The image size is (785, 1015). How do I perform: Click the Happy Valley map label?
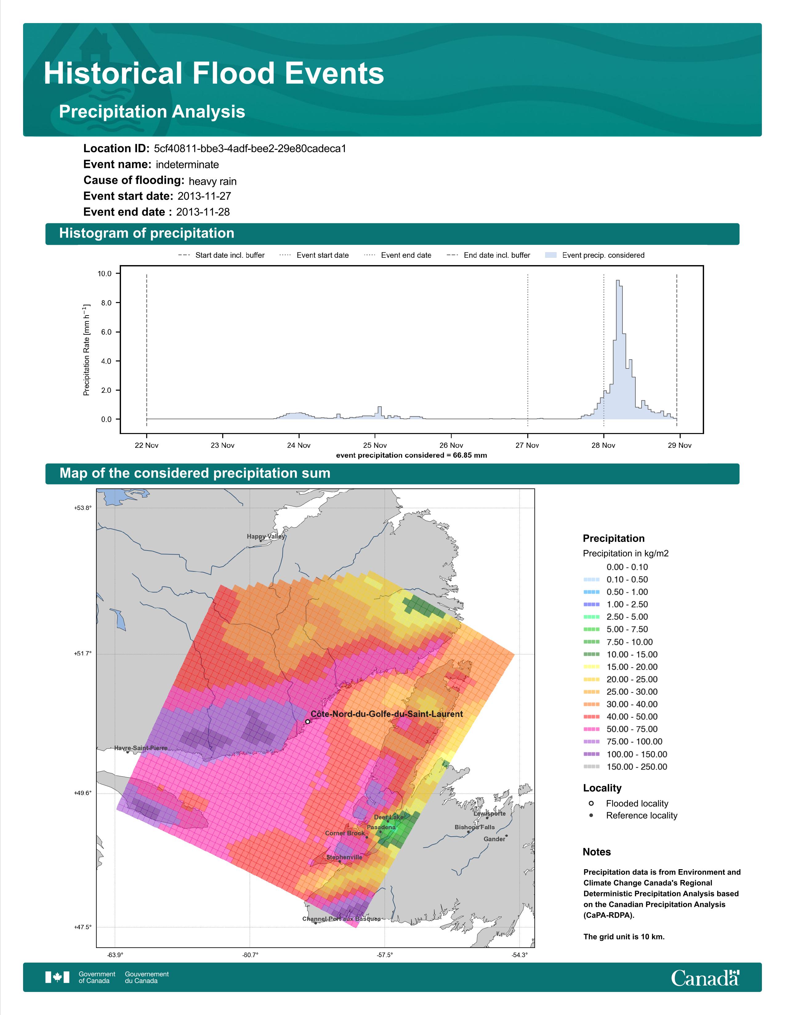pos(266,536)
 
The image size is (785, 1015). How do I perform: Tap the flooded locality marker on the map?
pos(308,722)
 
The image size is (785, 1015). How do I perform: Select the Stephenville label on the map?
pos(344,857)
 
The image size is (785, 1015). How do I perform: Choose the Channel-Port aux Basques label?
pos(341,919)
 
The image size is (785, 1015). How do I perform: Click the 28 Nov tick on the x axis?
pos(603,445)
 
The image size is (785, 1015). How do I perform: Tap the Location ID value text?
pos(250,149)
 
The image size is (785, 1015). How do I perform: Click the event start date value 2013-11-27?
pos(204,196)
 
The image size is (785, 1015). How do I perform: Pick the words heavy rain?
pos(212,181)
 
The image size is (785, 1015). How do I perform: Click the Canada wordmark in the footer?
pos(705,977)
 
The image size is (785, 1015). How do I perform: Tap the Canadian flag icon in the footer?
pos(57,977)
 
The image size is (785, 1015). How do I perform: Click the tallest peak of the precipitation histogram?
pos(618,280)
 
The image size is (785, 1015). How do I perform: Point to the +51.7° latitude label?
pos(83,653)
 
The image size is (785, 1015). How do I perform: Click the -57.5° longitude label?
pos(384,955)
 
